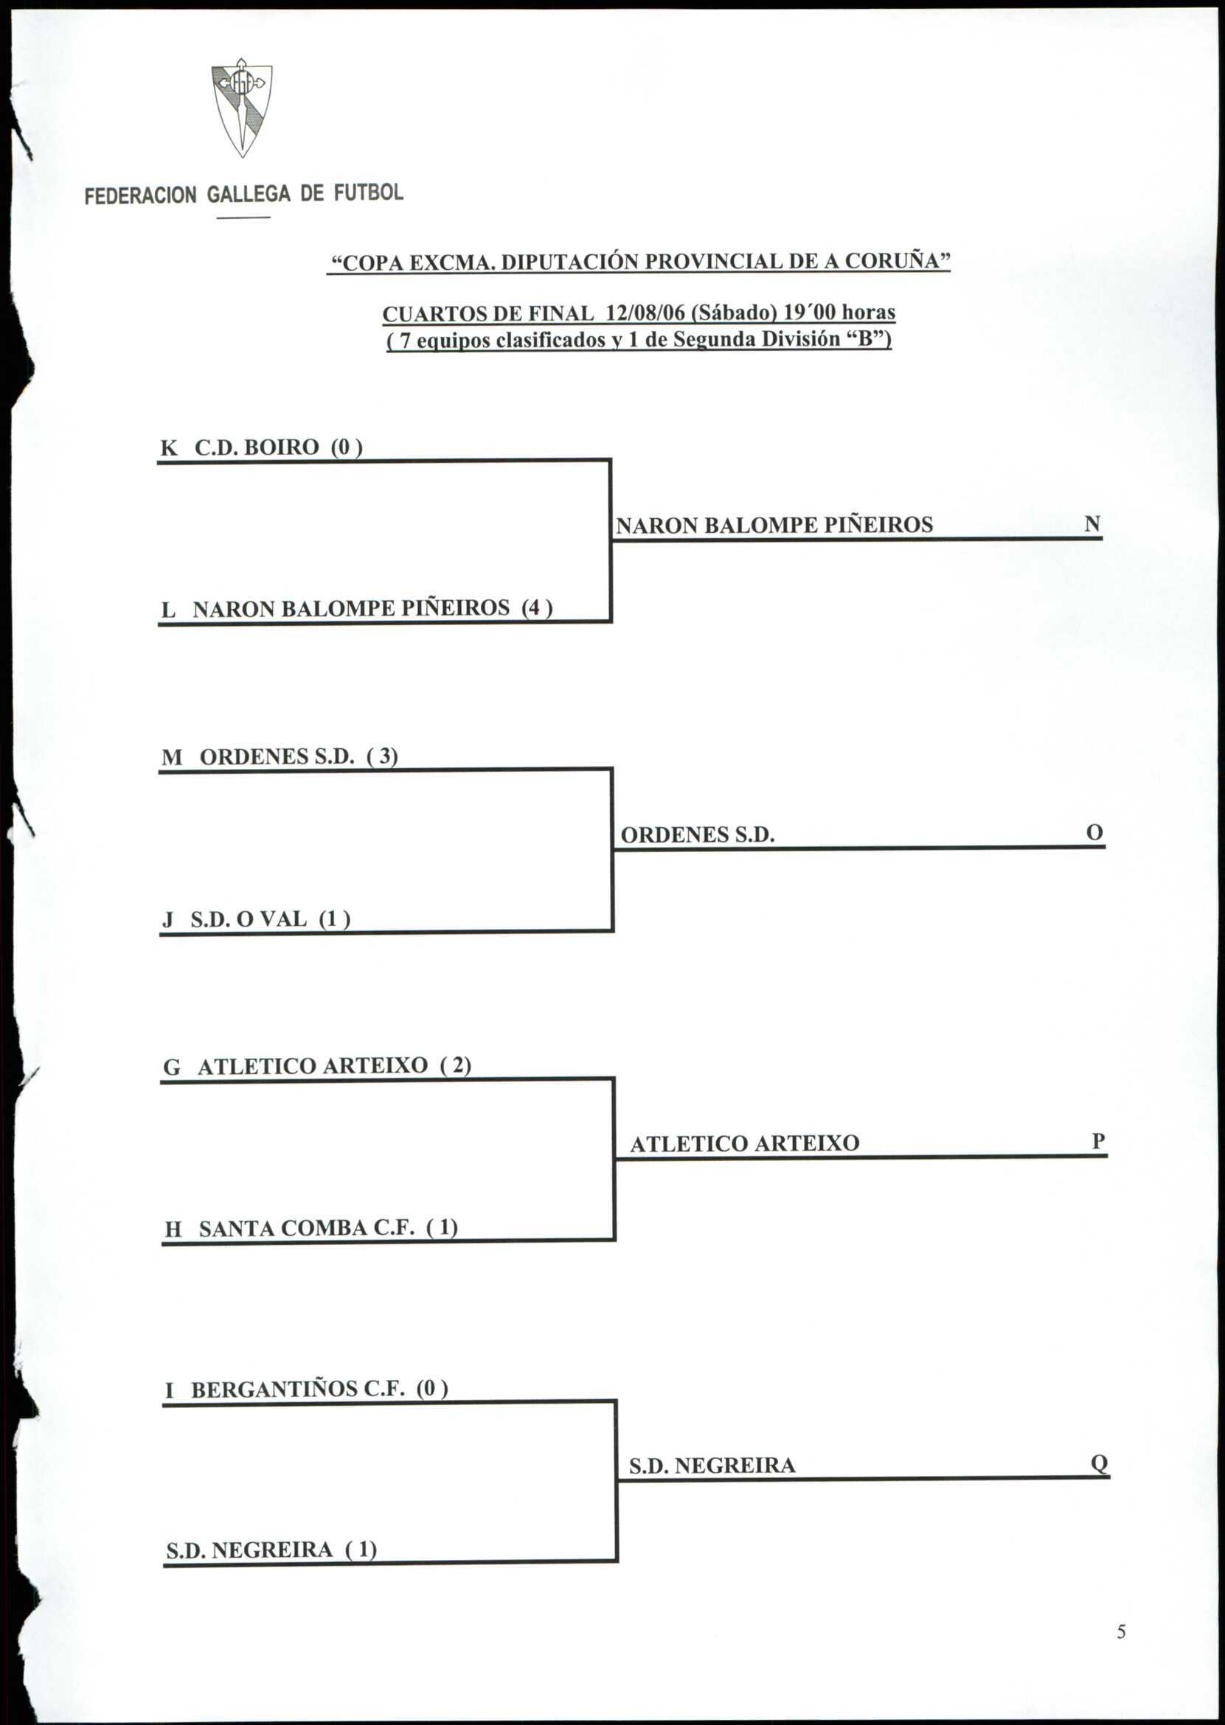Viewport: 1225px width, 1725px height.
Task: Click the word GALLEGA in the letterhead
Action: [x=248, y=195]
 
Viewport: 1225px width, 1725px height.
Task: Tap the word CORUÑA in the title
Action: [x=902, y=262]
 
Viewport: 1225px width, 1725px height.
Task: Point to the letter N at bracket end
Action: [x=1092, y=523]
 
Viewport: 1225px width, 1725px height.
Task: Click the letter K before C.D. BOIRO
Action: [x=169, y=448]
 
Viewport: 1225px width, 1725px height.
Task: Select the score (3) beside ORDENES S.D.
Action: [x=383, y=756]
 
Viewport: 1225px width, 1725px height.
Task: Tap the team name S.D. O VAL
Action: [x=249, y=919]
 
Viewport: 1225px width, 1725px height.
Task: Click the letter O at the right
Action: [x=1094, y=832]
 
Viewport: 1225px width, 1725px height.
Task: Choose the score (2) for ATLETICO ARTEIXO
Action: [x=456, y=1065]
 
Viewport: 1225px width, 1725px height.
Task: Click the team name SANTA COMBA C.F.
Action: [x=307, y=1228]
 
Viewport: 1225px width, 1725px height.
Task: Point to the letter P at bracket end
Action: [x=1098, y=1141]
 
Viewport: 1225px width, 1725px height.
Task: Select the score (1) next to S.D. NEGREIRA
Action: [x=361, y=1550]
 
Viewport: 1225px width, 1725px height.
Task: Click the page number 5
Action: [x=1121, y=1653]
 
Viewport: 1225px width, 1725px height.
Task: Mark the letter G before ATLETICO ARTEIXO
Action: [x=172, y=1067]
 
